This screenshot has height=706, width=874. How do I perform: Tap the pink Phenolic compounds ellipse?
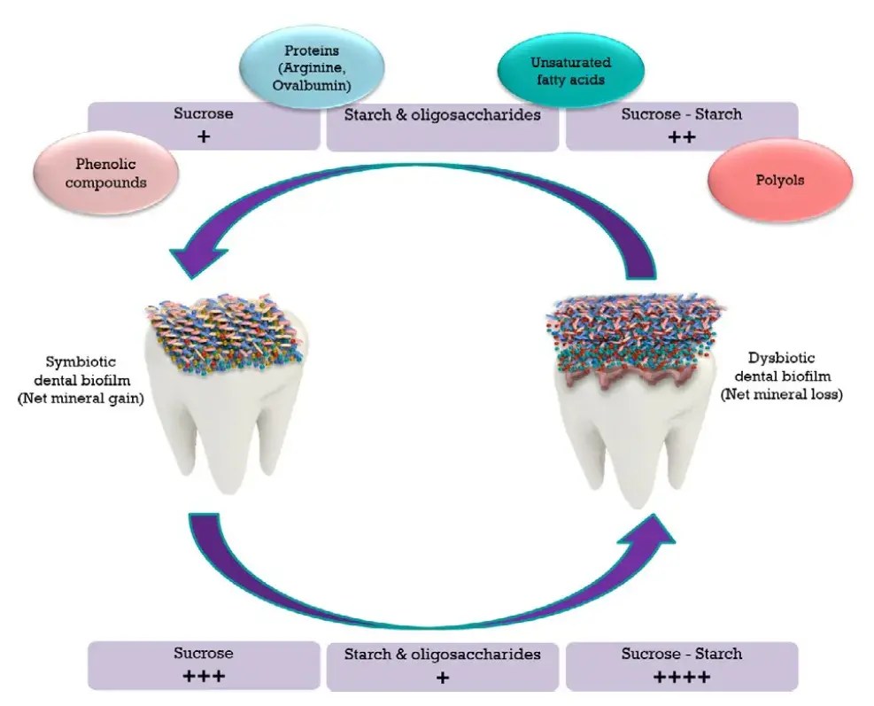(x=103, y=171)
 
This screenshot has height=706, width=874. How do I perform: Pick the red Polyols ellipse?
(x=780, y=179)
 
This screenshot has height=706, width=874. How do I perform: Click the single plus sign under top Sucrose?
(x=205, y=136)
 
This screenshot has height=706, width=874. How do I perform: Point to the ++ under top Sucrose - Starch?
(x=681, y=136)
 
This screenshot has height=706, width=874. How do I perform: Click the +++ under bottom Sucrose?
(x=205, y=677)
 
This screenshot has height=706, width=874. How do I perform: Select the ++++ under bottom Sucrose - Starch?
(x=681, y=677)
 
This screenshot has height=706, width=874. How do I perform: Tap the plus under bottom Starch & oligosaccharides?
(x=443, y=679)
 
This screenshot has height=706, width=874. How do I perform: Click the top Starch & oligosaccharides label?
(x=443, y=115)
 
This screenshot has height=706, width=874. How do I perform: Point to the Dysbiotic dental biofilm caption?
(x=793, y=371)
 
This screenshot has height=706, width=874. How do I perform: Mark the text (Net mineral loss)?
(x=793, y=395)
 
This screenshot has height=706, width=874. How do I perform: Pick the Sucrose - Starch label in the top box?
(x=681, y=114)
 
